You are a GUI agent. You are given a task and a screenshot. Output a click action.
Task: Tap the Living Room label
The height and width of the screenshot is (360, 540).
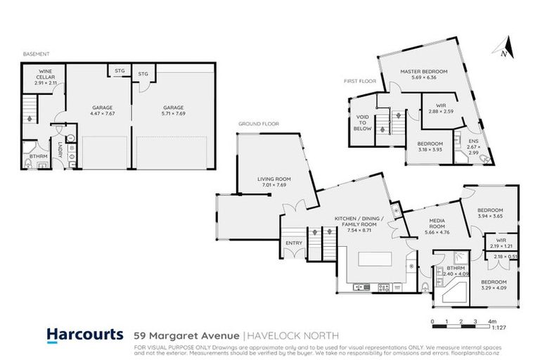pos(276,179)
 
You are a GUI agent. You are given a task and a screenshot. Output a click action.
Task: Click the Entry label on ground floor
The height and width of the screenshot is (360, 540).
pos(293,244)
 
